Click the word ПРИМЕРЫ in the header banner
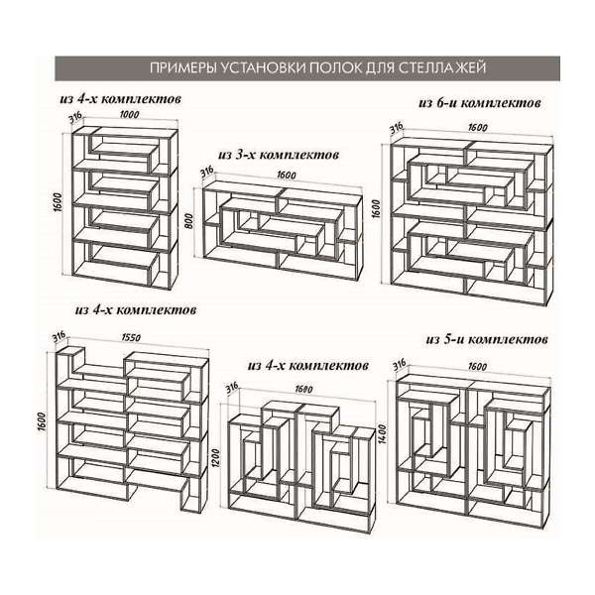coord(182,67)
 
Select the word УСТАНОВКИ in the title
coord(263,67)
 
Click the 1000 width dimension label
coord(129,114)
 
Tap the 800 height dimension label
coord(189,221)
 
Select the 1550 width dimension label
coord(131,337)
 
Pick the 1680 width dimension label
coord(303,389)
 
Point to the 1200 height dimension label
coord(216,459)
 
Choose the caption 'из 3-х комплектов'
coord(279,155)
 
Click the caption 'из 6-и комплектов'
coord(480,102)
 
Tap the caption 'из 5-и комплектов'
coord(487,339)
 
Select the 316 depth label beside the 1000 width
coord(75,117)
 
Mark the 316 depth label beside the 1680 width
coord(232,388)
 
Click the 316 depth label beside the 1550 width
coord(59,337)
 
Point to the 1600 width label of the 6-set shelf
coord(477,127)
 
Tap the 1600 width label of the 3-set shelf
coord(287,175)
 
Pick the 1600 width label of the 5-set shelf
coord(477,367)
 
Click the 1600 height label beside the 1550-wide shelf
coord(42,421)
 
